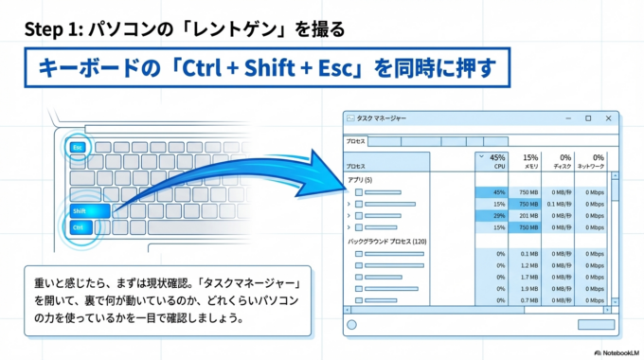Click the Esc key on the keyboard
point(79,147)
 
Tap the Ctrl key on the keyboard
point(80,228)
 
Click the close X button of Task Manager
point(607,118)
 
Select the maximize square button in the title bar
point(588,118)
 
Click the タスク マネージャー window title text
point(382,118)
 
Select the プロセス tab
point(357,140)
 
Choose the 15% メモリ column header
point(530,162)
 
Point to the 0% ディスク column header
point(564,162)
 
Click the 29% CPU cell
point(492,216)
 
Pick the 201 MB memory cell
point(528,216)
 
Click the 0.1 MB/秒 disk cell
point(563,204)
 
